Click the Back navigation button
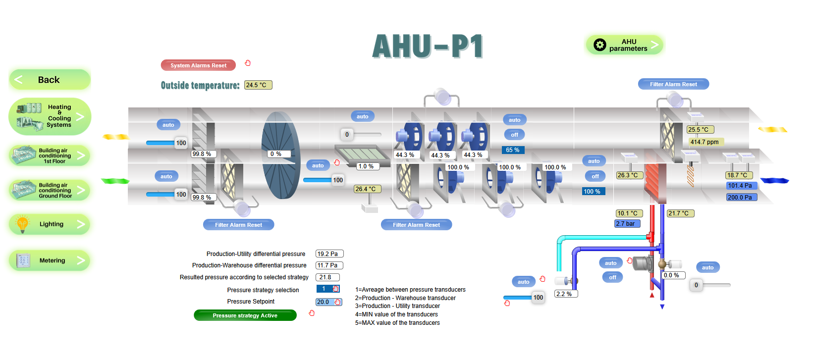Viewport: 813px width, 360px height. [x=49, y=80]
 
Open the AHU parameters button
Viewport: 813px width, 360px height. [x=624, y=45]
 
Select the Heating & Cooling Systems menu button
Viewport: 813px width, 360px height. [x=50, y=116]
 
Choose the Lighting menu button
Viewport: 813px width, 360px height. [x=50, y=224]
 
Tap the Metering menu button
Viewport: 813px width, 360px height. [x=50, y=260]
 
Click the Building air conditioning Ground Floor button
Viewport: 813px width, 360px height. [x=50, y=190]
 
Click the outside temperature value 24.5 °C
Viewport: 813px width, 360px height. [x=258, y=85]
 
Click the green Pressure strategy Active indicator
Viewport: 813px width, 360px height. [x=245, y=315]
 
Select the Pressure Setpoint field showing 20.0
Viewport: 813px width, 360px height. [x=325, y=302]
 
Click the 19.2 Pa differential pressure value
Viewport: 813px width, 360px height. [x=329, y=254]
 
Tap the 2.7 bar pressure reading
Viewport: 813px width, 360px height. [x=627, y=224]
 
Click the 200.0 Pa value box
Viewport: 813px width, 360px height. [x=741, y=197]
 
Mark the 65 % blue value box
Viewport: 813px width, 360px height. [x=513, y=150]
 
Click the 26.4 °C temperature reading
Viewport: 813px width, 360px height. [x=367, y=189]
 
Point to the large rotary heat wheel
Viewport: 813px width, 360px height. [x=281, y=155]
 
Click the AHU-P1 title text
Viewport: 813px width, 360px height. [x=428, y=47]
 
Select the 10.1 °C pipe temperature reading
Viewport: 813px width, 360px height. [x=629, y=213]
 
